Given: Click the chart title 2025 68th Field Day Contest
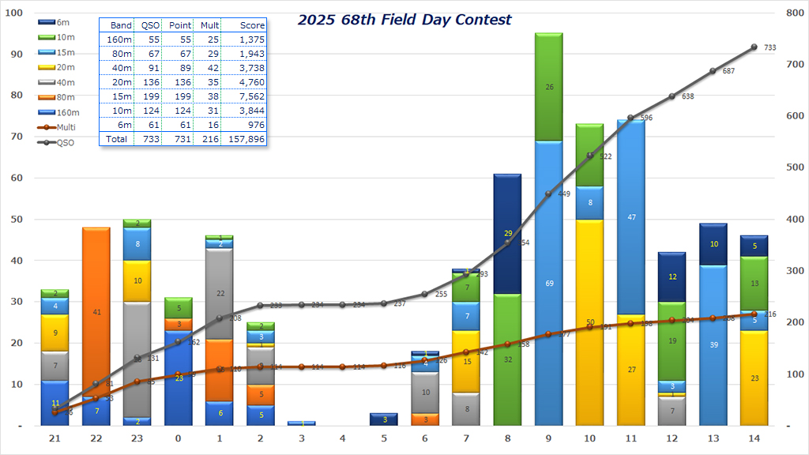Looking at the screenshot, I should [x=404, y=20].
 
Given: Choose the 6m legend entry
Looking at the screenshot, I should [x=58, y=22].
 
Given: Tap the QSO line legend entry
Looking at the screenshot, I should [x=58, y=143].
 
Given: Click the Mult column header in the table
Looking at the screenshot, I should [x=209, y=25].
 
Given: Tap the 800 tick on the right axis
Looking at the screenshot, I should [x=792, y=13].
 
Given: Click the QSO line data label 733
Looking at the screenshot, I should [x=770, y=48].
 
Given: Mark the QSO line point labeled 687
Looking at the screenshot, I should [x=713, y=71].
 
